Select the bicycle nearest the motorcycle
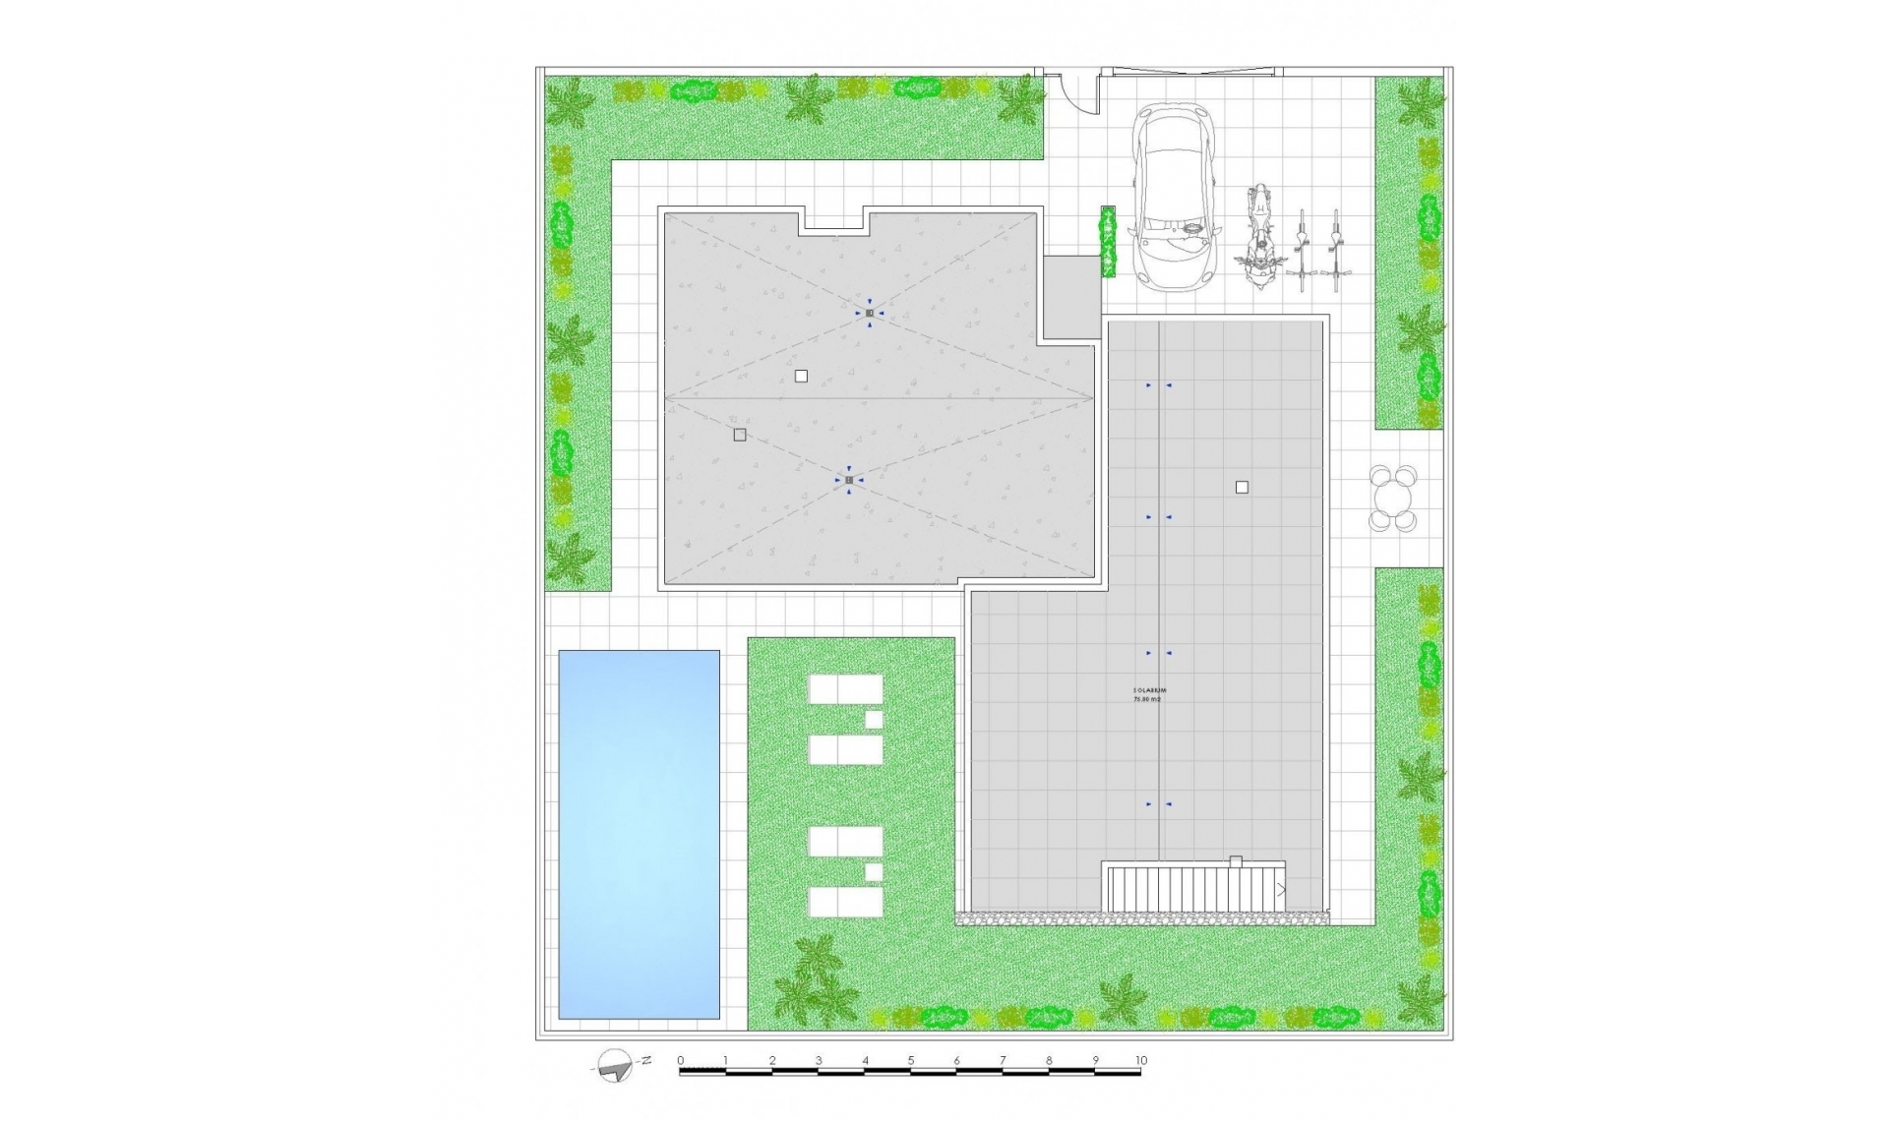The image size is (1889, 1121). click(x=1302, y=250)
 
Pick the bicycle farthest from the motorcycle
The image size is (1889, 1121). click(x=1335, y=250)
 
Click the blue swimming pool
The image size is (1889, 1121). click(x=639, y=834)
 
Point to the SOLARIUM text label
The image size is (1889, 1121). click(x=1149, y=690)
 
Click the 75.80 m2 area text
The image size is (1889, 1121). click(x=1147, y=699)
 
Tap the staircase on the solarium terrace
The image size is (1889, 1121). click(x=1195, y=887)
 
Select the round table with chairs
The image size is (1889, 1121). click(x=1393, y=499)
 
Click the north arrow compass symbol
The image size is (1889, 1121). click(x=616, y=1065)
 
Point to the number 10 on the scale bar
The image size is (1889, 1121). click(x=1140, y=1060)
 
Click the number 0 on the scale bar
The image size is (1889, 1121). click(x=680, y=1060)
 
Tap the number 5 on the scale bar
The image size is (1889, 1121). click(x=911, y=1060)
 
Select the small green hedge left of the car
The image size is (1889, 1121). click(x=1108, y=241)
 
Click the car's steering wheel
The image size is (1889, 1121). click(x=1190, y=229)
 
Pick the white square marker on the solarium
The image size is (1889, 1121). click(x=1242, y=487)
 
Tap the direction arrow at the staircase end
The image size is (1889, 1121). click(x=1281, y=890)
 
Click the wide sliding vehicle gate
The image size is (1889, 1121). click(x=1191, y=72)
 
